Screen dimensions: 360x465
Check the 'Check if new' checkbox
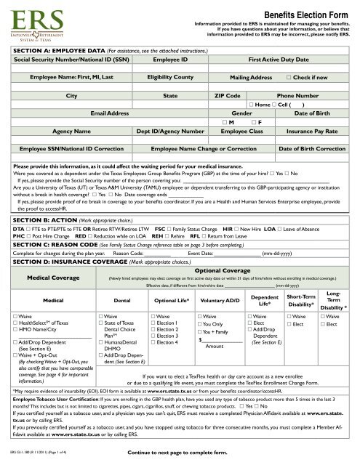289,76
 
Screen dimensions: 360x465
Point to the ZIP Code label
228,95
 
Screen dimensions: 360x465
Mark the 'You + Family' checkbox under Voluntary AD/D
201,332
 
